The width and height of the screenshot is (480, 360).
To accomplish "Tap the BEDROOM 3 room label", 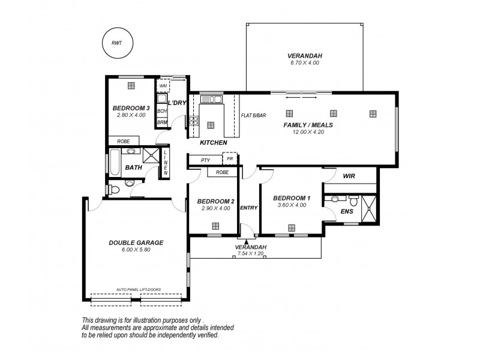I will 131,109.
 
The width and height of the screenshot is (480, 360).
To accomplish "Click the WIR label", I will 349,177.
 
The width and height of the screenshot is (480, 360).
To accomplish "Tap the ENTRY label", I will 248,208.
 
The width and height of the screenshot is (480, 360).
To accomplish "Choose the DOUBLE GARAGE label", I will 136,242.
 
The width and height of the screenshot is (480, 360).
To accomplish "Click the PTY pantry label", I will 205,160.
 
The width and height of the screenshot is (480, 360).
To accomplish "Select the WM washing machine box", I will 163,86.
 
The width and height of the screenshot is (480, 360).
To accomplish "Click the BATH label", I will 133,167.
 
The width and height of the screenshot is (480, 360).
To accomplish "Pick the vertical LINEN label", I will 166,162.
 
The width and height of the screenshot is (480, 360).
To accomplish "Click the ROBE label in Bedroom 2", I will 221,172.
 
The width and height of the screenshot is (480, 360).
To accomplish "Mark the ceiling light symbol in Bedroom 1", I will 292,227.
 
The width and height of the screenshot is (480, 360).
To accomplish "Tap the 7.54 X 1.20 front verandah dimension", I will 251,253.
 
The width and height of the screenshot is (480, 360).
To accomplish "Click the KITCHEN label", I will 213,143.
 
